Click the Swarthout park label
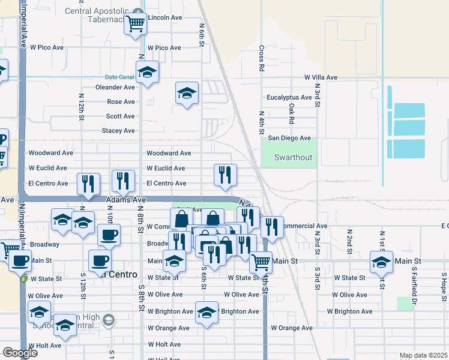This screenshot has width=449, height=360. pyautogui.click(x=294, y=157)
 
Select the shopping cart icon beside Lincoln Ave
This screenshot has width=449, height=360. pyautogui.click(x=136, y=24)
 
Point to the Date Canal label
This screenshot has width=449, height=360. pyautogui.click(x=119, y=77)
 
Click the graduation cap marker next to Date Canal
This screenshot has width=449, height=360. pyautogui.click(x=147, y=73)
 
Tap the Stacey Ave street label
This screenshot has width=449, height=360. pyautogui.click(x=118, y=131)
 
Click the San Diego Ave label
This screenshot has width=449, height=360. pyautogui.click(x=289, y=138)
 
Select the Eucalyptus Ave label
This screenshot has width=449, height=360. pyautogui.click(x=289, y=97)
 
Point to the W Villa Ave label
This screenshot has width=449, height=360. pyautogui.click(x=321, y=78)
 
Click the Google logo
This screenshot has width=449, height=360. pyautogui.click(x=20, y=353)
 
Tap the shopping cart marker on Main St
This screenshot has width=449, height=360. pyautogui.click(x=261, y=262)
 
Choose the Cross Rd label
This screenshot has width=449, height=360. pyautogui.click(x=262, y=59)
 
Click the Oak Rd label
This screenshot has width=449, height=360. pyautogui.click(x=291, y=113)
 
